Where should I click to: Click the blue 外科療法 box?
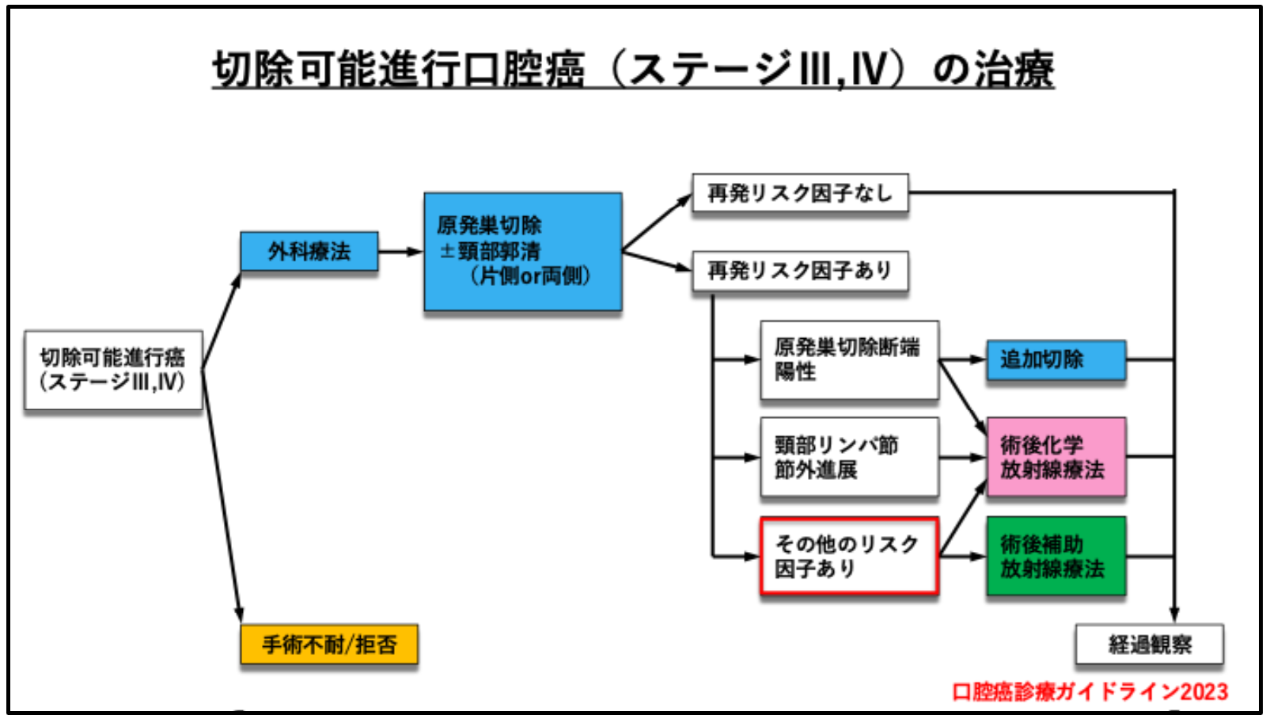point(309,251)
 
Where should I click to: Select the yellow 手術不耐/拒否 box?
point(328,645)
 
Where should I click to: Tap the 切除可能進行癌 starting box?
point(113,370)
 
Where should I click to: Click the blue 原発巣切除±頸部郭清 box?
point(522,251)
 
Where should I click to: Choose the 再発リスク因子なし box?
point(799,193)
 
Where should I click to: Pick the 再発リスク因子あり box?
point(799,271)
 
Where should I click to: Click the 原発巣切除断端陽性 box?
point(849,359)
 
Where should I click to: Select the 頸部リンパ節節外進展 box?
point(849,458)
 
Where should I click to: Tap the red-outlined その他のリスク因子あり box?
point(849,556)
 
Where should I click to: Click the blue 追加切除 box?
point(1056,359)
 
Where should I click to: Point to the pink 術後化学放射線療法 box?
point(1056,458)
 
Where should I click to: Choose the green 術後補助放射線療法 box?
point(1056,556)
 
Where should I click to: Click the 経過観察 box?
point(1149,645)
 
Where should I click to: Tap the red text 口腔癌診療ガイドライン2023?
point(1090,692)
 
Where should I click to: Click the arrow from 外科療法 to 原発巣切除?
point(400,252)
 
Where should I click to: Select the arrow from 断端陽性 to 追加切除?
point(963,359)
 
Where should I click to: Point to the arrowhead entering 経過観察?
point(1174,614)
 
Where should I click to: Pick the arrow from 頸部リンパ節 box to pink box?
point(963,458)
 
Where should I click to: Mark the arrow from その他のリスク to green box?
point(963,557)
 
